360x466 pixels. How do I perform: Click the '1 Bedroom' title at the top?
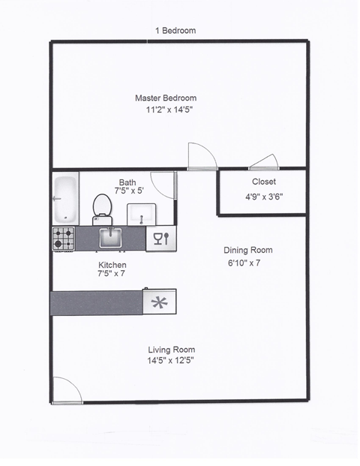click(x=175, y=31)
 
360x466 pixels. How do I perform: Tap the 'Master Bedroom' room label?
click(x=165, y=98)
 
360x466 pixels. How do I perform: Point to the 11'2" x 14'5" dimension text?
click(x=175, y=110)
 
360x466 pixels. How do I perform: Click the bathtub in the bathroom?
click(x=64, y=197)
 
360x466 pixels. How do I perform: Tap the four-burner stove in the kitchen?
click(x=64, y=239)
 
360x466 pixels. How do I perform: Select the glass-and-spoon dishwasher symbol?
click(x=160, y=239)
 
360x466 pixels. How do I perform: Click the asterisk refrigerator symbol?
click(x=159, y=303)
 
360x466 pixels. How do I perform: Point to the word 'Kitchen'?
click(x=112, y=266)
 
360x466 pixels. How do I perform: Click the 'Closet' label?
click(x=263, y=182)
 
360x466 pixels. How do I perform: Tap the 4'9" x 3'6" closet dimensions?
click(x=263, y=197)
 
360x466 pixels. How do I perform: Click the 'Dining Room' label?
click(x=248, y=251)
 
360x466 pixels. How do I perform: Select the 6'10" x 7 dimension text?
click(x=248, y=263)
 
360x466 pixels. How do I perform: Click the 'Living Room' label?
click(x=171, y=350)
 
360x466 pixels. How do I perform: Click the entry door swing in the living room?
click(x=65, y=389)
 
